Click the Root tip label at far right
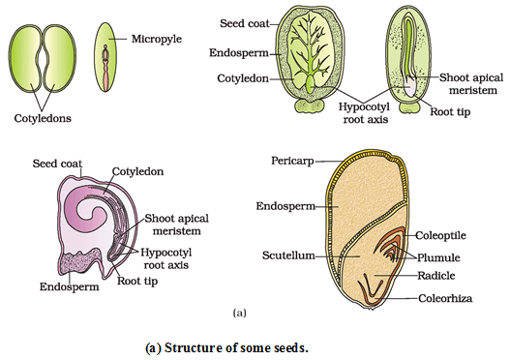pos(452,110)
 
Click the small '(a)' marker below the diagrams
pos(240,313)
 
